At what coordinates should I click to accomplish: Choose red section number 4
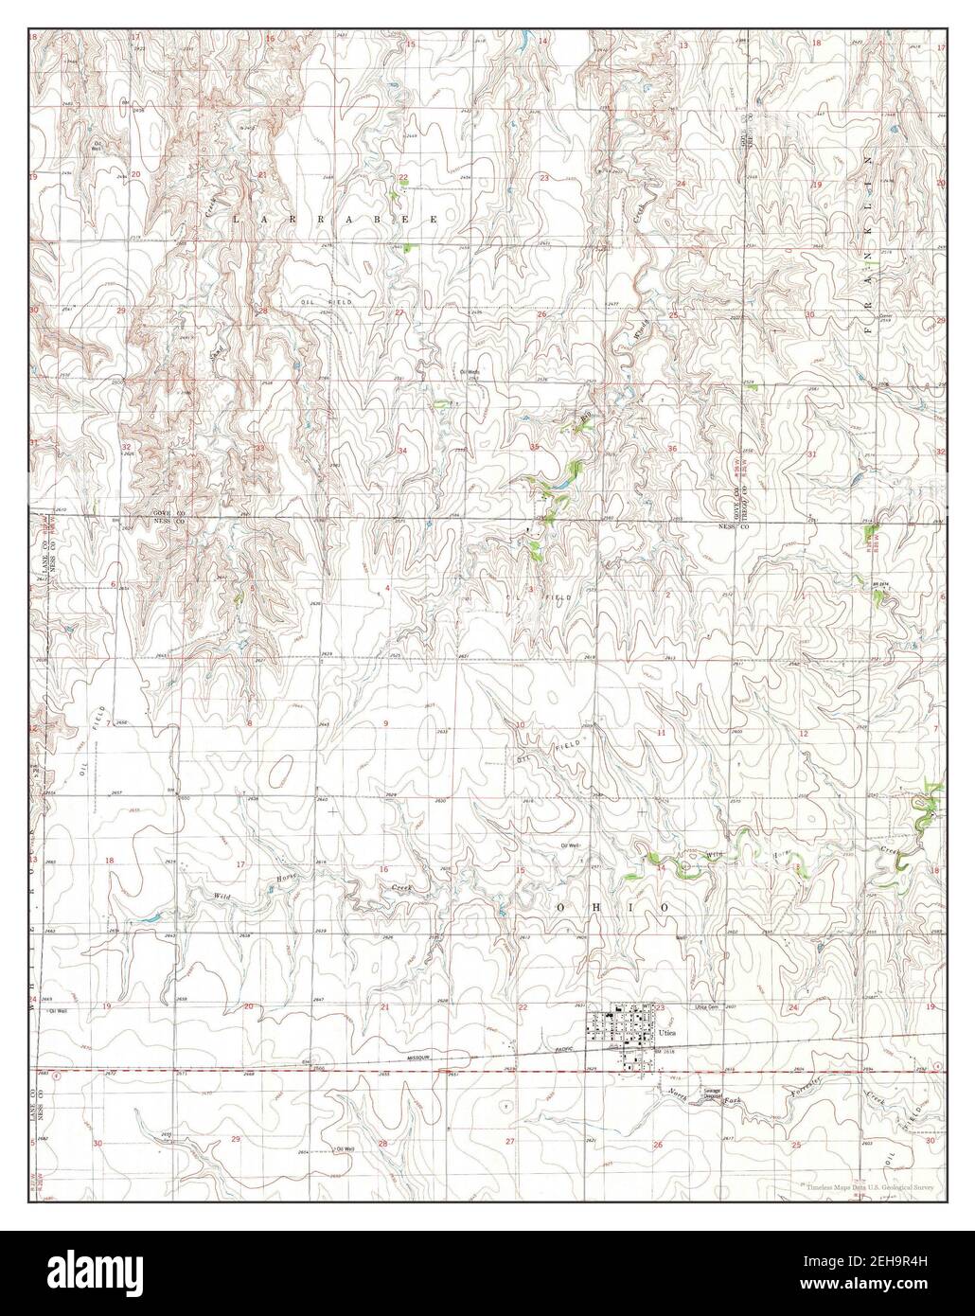(x=388, y=589)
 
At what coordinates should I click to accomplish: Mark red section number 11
(x=662, y=733)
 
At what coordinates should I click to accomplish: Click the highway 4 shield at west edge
(x=57, y=1074)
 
